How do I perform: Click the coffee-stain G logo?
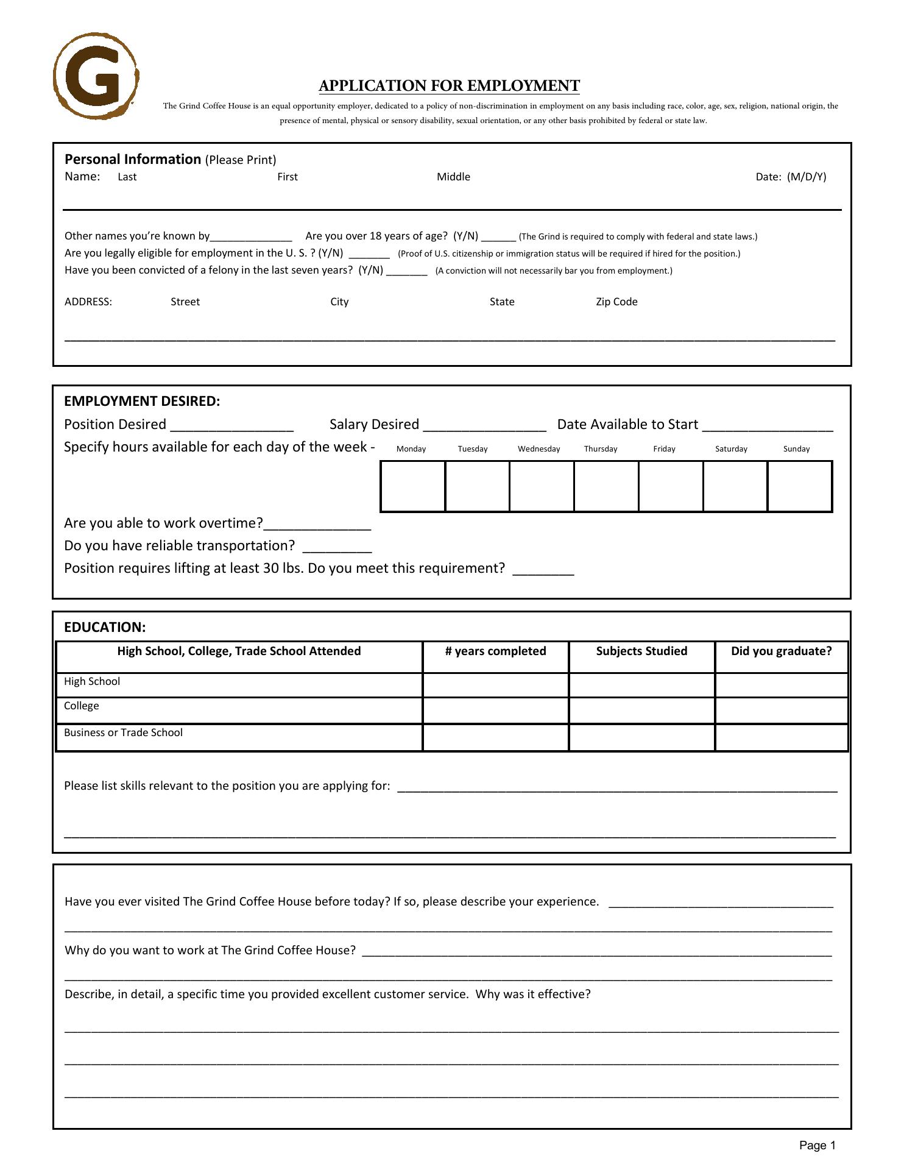(x=96, y=76)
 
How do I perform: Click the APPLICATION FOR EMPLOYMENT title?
(x=449, y=86)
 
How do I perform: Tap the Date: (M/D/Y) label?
(x=791, y=177)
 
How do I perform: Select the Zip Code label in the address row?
(x=616, y=302)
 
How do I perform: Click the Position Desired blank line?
(x=232, y=425)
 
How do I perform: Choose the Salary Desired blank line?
(x=484, y=425)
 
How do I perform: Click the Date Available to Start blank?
(x=768, y=425)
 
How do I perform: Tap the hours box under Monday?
(x=413, y=486)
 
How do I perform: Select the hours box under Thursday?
(x=606, y=486)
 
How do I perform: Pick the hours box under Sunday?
(x=800, y=486)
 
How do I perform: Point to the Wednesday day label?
(x=539, y=449)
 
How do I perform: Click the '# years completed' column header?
(x=495, y=651)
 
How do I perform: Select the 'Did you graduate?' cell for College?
(x=781, y=711)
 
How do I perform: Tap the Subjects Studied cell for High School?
(x=641, y=686)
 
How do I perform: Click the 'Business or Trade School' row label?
(x=123, y=732)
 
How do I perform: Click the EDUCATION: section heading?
(x=105, y=628)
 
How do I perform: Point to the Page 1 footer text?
(x=817, y=1146)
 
